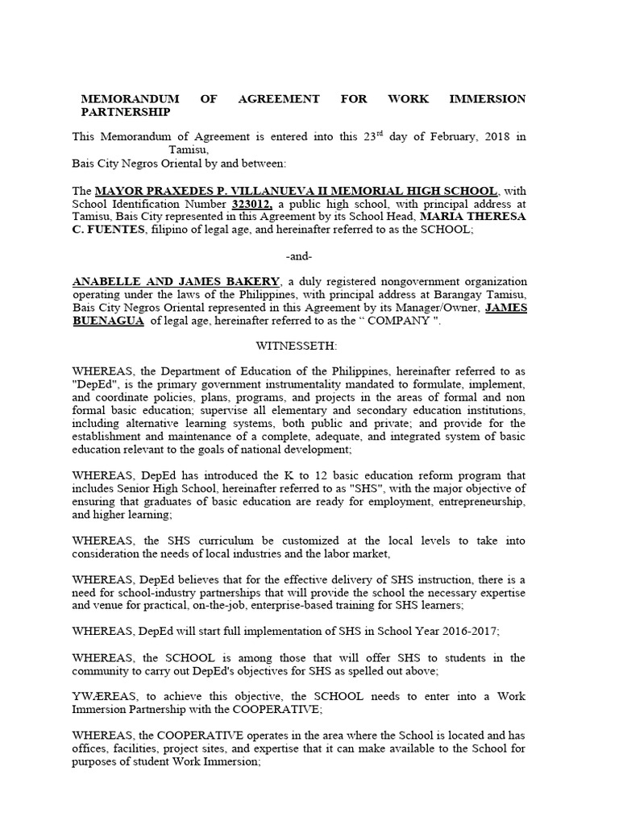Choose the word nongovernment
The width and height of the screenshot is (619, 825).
click(x=393, y=282)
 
